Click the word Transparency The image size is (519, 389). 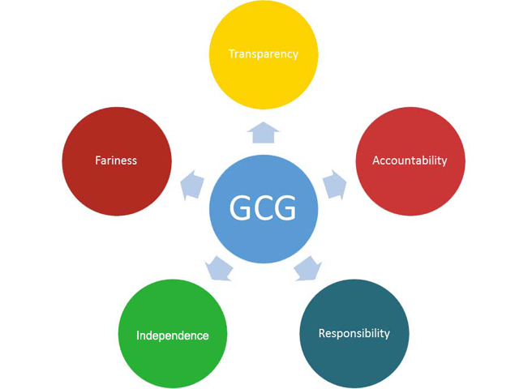[x=264, y=54]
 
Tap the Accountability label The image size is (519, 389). [x=410, y=160]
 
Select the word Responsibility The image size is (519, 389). [x=354, y=333]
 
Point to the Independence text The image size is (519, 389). [x=172, y=336]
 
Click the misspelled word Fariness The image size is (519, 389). [x=116, y=160]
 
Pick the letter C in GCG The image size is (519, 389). [x=263, y=209]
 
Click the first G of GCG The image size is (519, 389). [x=241, y=209]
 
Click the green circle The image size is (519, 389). [x=172, y=357]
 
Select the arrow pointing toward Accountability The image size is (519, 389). [x=334, y=185]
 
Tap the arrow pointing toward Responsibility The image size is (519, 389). [x=307, y=267]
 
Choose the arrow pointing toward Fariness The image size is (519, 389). [x=191, y=185]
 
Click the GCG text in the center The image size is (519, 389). [x=263, y=209]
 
